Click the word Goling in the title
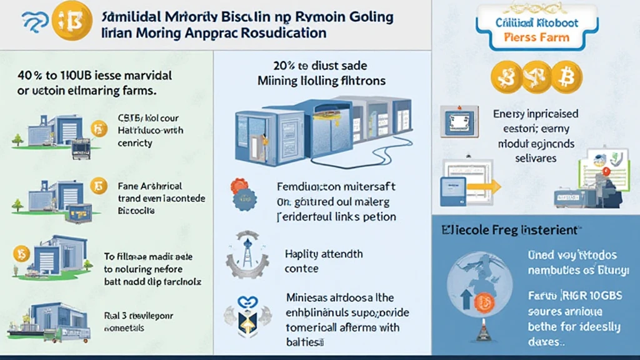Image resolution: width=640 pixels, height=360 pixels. pos(368,17)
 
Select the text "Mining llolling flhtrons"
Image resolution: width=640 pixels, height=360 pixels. pos(321,81)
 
